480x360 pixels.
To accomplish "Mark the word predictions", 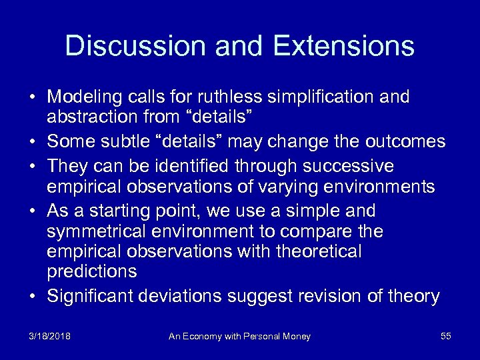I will click(92, 272).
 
